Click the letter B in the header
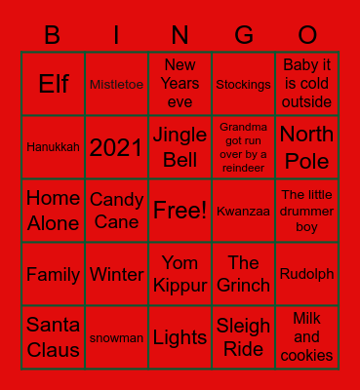53,36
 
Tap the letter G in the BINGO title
243,36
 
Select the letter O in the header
307,36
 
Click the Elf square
53,84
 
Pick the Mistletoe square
116,85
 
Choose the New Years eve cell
180,84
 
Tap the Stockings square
243,85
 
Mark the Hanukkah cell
53,147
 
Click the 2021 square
116,147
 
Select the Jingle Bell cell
180,147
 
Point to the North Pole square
306,147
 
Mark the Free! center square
180,210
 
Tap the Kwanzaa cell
243,211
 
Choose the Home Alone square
53,211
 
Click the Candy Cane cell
116,211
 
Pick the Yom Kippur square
180,274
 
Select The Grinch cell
243,274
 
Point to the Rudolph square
306,274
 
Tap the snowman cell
116,338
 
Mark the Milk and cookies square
306,336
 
